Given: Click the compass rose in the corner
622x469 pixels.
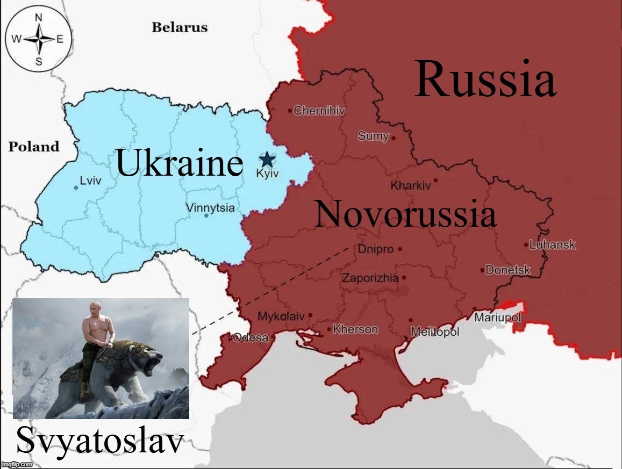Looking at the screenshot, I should click(38, 38).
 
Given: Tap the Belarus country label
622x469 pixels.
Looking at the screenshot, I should click(179, 27).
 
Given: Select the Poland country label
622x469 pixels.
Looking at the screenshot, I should click(34, 147).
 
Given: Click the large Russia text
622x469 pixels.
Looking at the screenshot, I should click(485, 80).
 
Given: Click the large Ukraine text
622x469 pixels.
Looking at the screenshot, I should click(180, 163).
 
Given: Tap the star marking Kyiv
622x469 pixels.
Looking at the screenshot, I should click(267, 159).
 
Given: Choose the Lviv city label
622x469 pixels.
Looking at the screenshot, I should click(90, 181).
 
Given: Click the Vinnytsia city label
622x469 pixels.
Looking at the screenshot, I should click(210, 207).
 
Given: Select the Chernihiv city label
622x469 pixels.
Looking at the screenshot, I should click(319, 111).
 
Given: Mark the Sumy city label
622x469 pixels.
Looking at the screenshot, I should click(373, 136).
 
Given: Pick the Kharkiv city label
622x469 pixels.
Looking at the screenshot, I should click(411, 186).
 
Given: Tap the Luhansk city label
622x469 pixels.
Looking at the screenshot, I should click(552, 245).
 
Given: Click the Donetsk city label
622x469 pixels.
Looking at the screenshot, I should click(508, 270).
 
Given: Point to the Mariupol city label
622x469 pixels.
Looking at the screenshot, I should click(497, 318).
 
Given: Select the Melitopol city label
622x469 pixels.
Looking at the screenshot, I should click(435, 332).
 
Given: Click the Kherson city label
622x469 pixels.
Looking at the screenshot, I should click(355, 329).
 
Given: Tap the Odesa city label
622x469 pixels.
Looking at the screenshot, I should click(251, 337).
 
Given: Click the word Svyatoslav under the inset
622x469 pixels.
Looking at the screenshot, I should click(101, 442).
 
